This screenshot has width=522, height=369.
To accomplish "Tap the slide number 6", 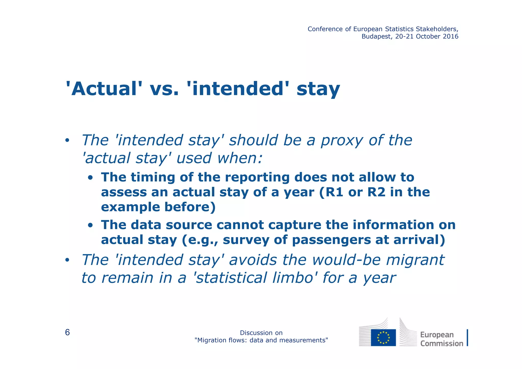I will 67,333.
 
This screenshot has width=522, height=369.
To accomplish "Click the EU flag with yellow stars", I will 383,338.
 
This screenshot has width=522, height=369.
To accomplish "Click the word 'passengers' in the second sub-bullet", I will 331,240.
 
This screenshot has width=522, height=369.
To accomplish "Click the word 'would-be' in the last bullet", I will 346,260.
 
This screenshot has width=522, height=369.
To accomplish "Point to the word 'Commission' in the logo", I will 441,343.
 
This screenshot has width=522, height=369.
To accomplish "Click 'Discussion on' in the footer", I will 261,333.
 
